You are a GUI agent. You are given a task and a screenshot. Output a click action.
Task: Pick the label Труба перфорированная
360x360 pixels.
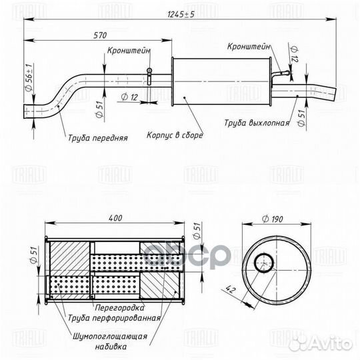[x=113, y=318]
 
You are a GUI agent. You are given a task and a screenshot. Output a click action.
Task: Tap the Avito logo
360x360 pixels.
[x=331, y=343]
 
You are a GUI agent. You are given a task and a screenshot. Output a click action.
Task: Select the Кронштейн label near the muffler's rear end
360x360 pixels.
[x=248, y=47]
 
